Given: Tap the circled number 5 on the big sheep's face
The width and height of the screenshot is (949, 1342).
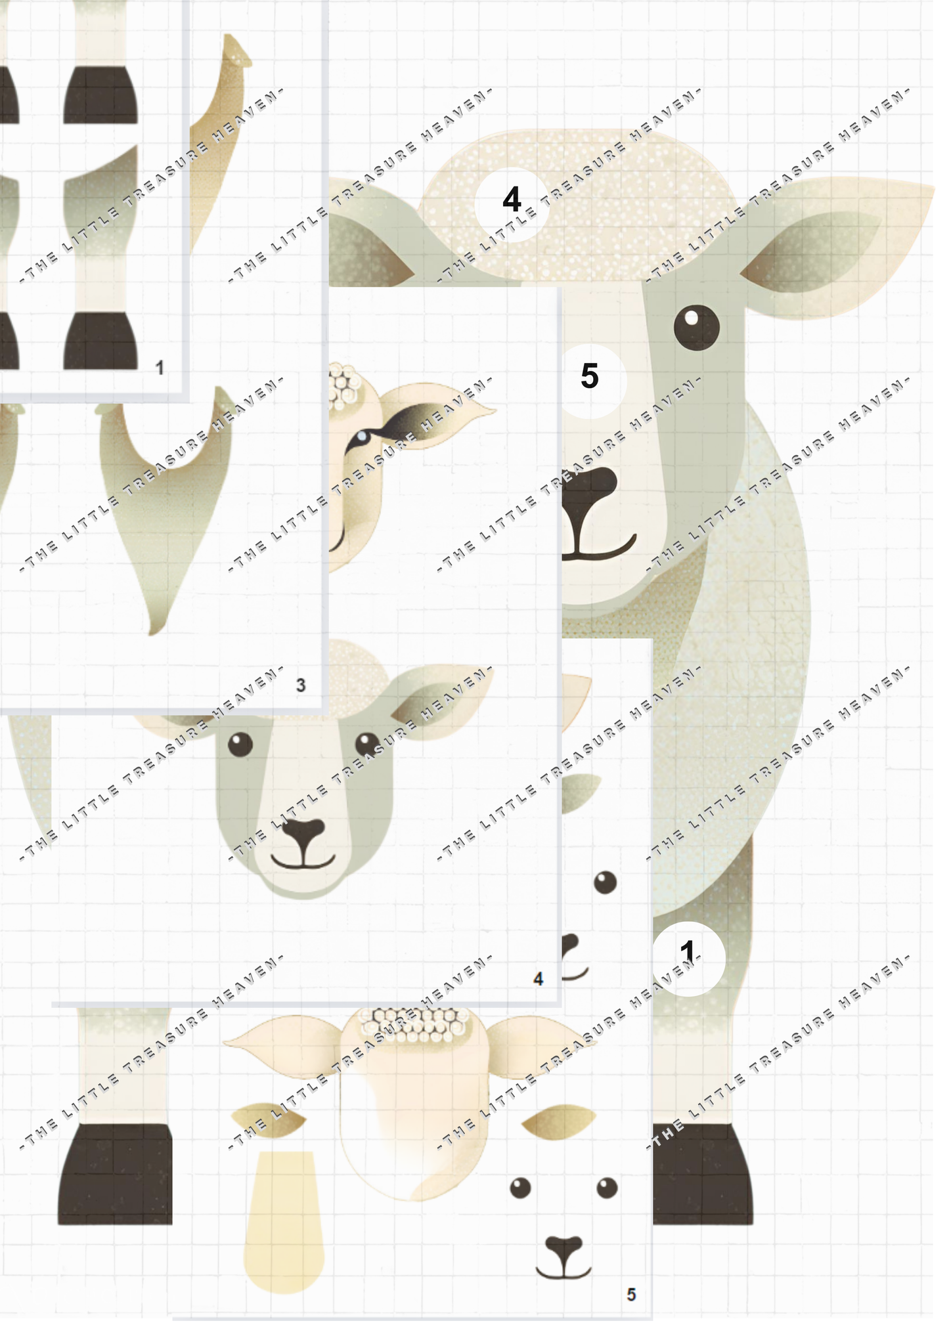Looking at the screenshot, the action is (x=590, y=376).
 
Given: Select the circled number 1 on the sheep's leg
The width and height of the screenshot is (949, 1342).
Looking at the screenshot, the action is (x=688, y=951).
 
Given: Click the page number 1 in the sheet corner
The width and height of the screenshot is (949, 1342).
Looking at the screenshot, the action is (x=160, y=368).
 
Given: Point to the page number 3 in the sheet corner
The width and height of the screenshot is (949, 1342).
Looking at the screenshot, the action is (x=301, y=685).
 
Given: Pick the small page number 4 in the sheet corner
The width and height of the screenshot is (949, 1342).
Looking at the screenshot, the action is (x=538, y=979).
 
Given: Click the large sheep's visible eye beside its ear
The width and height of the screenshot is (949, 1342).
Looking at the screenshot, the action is (x=696, y=327).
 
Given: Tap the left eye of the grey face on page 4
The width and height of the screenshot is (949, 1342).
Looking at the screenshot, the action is (x=240, y=745).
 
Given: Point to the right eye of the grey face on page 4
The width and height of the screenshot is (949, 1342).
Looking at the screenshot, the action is (x=367, y=745).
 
